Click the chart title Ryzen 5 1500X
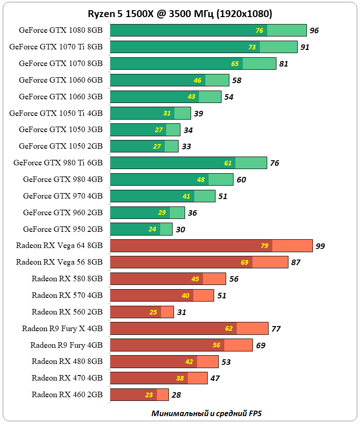(180, 14)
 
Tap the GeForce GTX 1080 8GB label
(60, 30)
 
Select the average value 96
(314, 31)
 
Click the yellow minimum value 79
(264, 246)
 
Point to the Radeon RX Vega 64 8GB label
(59, 246)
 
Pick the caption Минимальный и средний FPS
(210, 413)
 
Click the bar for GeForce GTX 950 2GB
(141, 229)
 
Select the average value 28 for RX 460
(176, 395)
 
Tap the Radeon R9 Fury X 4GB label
(62, 329)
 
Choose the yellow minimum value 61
(228, 163)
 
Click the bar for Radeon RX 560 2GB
(142, 312)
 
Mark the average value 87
(296, 262)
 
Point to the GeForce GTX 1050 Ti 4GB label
(56, 113)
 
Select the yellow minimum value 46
(198, 80)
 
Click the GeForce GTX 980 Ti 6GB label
(58, 163)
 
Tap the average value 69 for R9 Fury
(260, 345)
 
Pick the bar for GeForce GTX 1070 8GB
(193, 64)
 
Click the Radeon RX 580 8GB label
(67, 279)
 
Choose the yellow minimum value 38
(180, 378)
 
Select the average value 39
(198, 114)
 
